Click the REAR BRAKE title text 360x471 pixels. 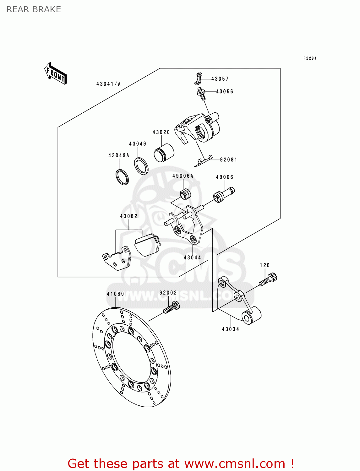pyautogui.click(x=34, y=9)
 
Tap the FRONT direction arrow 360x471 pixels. pyautogui.click(x=56, y=73)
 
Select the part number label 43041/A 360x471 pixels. pyautogui.click(x=108, y=84)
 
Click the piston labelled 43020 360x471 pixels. pyautogui.click(x=164, y=153)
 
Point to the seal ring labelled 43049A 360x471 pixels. pyautogui.click(x=122, y=177)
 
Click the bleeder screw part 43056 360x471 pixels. pyautogui.click(x=202, y=94)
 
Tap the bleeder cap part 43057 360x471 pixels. pyautogui.click(x=198, y=78)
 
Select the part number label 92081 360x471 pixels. pyautogui.click(x=228, y=160)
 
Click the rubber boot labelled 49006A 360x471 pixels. pyautogui.click(x=185, y=194)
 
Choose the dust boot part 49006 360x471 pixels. pyautogui.click(x=224, y=194)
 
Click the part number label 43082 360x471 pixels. pyautogui.click(x=129, y=216)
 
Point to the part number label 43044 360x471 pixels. pyautogui.click(x=192, y=257)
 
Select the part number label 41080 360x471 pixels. pyautogui.click(x=115, y=294)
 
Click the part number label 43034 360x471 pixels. pyautogui.click(x=230, y=329)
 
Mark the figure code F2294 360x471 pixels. pyautogui.click(x=310, y=58)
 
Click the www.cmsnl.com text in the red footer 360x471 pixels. pyautogui.click(x=234, y=463)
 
